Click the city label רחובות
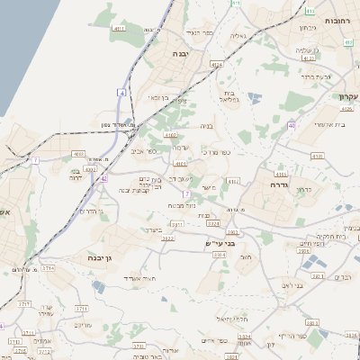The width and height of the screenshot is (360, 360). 335,20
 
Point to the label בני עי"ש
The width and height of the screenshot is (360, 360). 219,243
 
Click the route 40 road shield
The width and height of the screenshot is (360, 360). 292,125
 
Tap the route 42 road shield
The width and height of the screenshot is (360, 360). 104,178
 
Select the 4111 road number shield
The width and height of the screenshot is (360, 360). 119,30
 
